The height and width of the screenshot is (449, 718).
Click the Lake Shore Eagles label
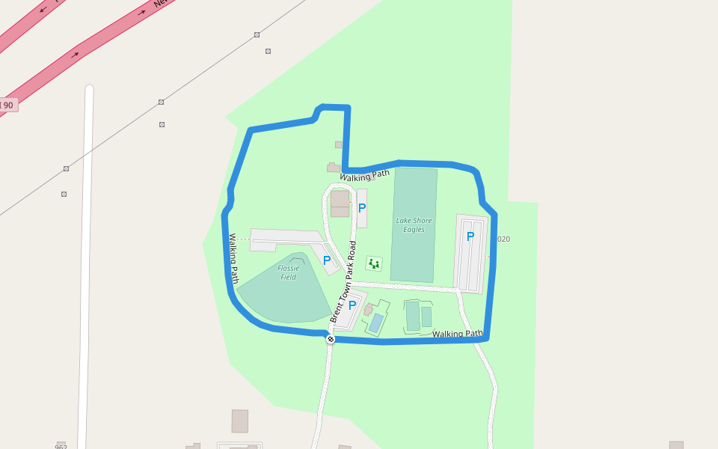(x=414, y=224)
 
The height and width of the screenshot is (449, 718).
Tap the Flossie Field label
(x=289, y=272)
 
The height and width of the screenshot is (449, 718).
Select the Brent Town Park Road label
(x=343, y=281)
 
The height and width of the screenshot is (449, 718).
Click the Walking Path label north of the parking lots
(x=365, y=176)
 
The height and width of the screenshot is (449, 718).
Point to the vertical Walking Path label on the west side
(x=233, y=258)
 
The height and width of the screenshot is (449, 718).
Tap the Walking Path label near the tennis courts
(x=457, y=334)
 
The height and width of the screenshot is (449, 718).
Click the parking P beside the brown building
(x=362, y=208)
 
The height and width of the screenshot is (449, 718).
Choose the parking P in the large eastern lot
(x=470, y=236)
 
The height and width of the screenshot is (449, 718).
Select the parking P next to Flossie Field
(x=327, y=260)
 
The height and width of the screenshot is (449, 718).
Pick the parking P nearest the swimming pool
(x=352, y=305)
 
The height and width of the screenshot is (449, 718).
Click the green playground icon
(x=374, y=263)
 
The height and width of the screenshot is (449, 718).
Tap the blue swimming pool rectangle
(x=376, y=323)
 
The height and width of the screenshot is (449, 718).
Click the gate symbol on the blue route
(x=331, y=339)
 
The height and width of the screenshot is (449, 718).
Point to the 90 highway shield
(x=7, y=105)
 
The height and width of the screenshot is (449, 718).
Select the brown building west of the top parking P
(x=340, y=204)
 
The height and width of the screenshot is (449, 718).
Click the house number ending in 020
(x=503, y=239)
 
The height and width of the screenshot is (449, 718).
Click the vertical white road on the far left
(x=86, y=262)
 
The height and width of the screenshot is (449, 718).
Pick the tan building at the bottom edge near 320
(x=239, y=421)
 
